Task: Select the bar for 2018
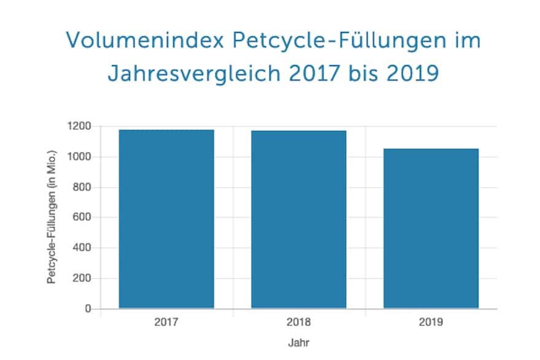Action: pyautogui.click(x=299, y=219)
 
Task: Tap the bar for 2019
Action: pyautogui.click(x=431, y=228)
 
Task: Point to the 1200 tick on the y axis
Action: pyautogui.click(x=80, y=126)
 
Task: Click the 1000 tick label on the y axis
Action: pyautogui.click(x=80, y=157)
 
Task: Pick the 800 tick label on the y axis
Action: pyautogui.click(x=82, y=187)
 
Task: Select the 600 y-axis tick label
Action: pyautogui.click(x=82, y=217)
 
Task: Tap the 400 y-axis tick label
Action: pyautogui.click(x=82, y=248)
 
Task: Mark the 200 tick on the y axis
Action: pyautogui.click(x=82, y=278)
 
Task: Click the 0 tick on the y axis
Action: pyautogui.click(x=88, y=308)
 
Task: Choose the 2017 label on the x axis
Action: pyautogui.click(x=166, y=321)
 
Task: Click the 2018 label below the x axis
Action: pyautogui.click(x=299, y=321)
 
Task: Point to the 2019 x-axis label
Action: pyautogui.click(x=431, y=321)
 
